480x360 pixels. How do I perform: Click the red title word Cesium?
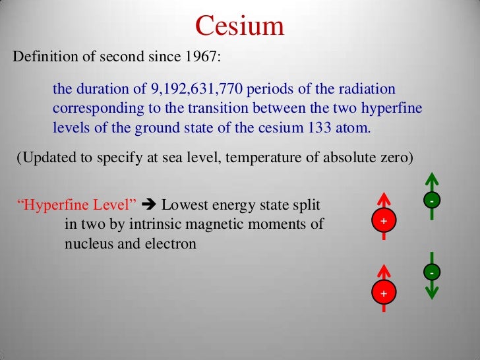coord(240,26)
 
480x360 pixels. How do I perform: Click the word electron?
coord(173,243)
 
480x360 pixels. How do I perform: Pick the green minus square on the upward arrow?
coord(431,199)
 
